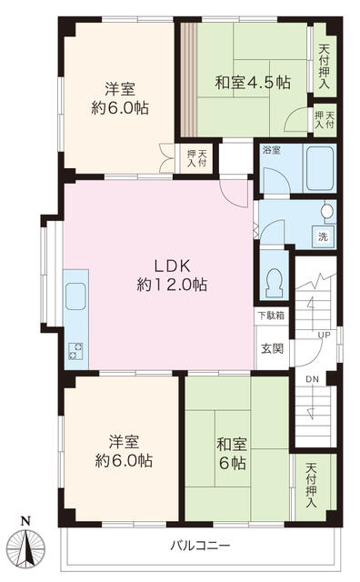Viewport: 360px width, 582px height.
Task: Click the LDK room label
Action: (172, 275)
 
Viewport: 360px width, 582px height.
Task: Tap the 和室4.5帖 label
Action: (253, 83)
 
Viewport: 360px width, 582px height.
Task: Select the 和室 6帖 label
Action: (232, 453)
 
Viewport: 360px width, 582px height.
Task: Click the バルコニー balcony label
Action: (200, 546)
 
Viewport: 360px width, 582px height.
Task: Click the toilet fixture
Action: (275, 283)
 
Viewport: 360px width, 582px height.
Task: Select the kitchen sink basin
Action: (75, 296)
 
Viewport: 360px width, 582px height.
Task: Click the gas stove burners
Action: (75, 350)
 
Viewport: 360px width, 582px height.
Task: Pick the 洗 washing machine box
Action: (323, 236)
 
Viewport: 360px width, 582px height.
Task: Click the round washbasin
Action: (327, 211)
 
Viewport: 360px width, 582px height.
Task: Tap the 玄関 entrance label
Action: (273, 348)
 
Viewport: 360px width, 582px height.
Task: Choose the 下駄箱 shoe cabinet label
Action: (271, 316)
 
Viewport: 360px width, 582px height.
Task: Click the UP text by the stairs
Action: (324, 336)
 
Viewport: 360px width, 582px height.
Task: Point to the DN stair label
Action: (312, 379)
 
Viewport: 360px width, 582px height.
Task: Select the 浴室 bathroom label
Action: (271, 150)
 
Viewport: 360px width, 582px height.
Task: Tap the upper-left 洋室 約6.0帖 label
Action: (120, 99)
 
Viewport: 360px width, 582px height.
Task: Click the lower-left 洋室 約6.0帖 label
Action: (124, 452)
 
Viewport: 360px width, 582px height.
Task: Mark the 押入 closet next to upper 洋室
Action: (196, 158)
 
